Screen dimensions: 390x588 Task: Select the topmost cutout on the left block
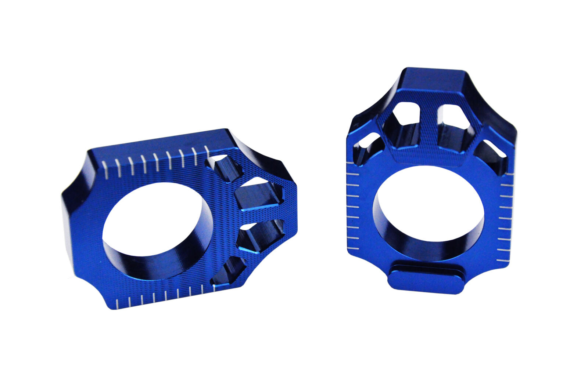[224, 167]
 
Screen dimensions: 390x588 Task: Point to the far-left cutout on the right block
[366, 147]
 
